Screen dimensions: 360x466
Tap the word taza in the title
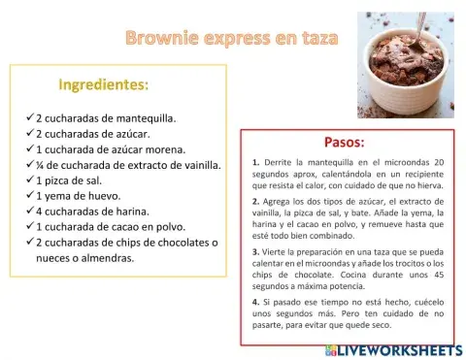point(317,39)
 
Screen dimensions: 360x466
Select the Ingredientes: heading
point(104,84)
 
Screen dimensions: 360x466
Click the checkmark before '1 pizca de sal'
point(29,180)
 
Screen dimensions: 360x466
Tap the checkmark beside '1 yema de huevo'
point(29,195)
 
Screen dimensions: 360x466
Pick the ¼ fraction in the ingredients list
point(41,165)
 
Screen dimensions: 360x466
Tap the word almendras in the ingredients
point(104,258)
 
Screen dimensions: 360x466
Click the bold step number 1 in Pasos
point(255,162)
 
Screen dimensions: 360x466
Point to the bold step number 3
point(255,250)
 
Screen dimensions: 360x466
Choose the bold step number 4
point(255,301)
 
